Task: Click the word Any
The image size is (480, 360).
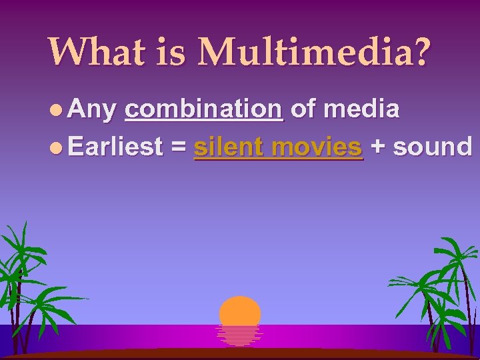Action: point(91,109)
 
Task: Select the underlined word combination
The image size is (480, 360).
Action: point(204,109)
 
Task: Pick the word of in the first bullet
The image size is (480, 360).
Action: point(303,109)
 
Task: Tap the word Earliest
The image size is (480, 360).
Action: point(115,146)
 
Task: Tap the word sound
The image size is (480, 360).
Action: point(432,146)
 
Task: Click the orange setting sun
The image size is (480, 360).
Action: point(240,311)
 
